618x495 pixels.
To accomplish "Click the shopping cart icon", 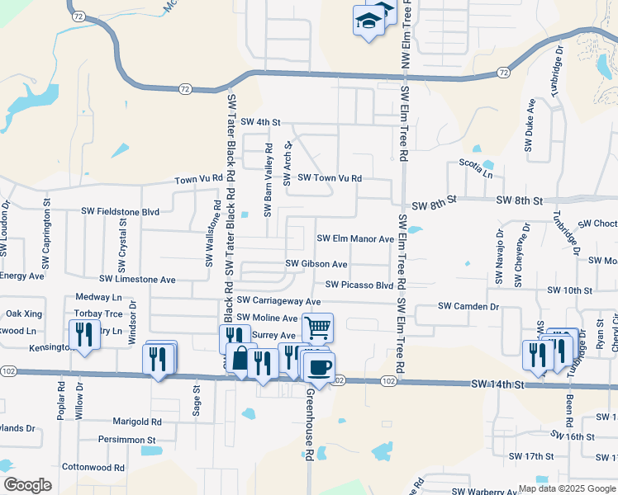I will coord(317,328).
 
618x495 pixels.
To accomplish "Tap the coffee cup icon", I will coord(320,367).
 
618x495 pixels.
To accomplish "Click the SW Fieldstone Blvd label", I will coord(120,211).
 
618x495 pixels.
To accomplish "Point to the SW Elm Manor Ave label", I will coord(356,239).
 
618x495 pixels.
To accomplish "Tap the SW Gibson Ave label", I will coord(316,264).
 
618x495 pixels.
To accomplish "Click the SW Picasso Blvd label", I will coord(359,285).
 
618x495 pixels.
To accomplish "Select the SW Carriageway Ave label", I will coord(278,303).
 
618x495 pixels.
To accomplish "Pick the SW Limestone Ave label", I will coord(137,280).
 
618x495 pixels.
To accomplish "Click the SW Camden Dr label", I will coord(468,306).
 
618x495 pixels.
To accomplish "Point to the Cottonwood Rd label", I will coord(93,467).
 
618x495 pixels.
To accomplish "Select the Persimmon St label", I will coord(126,441).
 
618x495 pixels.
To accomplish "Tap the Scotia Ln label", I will coord(476,174).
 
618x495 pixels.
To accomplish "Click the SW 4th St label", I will coord(257,122).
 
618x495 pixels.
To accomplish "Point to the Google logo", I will coord(27,485).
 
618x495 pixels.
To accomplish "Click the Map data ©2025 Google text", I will coord(567,488).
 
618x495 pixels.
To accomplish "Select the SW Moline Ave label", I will coord(267,318).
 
